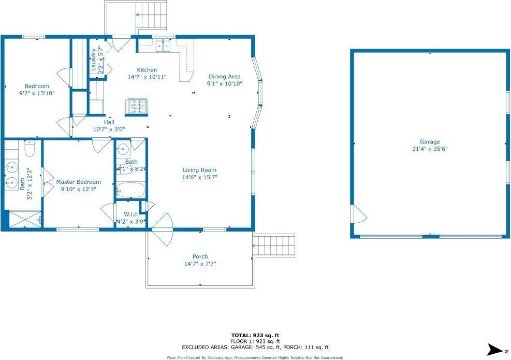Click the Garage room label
coord(430,142)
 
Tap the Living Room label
coord(199,170)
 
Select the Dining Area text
coord(225,77)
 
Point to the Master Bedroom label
coord(79,182)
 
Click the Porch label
coord(200,256)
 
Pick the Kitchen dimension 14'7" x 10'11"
coord(147,77)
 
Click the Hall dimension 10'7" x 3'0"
coord(109,129)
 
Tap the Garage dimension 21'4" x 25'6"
coord(430,149)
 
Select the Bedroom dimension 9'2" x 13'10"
coord(37,93)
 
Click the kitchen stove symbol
coord(137,106)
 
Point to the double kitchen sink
coord(163,46)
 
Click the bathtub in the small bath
coord(130,190)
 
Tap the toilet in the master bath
coord(30,149)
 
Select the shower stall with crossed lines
coord(25,220)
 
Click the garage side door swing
coord(359,214)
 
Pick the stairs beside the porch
coord(274,245)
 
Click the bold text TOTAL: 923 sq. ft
coord(255,335)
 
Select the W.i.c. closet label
coord(131,214)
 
